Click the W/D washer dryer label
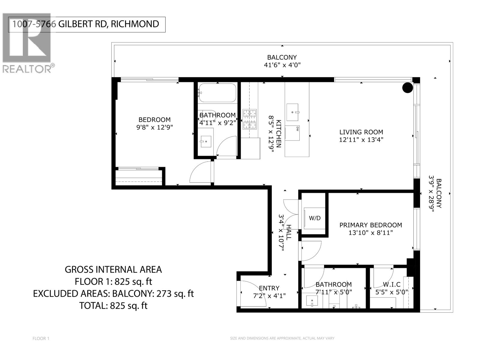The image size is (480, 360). (314, 218)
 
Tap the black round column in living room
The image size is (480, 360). (407, 88)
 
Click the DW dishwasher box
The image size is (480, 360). (292, 133)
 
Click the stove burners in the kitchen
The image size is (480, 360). (250, 119)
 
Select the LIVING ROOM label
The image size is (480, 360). (361, 132)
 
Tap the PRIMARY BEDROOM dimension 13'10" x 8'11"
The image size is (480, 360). (370, 233)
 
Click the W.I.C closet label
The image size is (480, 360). (391, 284)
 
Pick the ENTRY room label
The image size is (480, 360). (269, 288)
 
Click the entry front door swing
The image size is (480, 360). (252, 294)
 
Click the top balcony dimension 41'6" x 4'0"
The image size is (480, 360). (282, 65)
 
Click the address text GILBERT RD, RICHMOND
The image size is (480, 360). (108, 24)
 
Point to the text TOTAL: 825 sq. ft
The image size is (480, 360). (113, 306)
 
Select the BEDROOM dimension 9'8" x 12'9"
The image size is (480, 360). (154, 127)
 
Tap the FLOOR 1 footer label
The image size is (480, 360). (41, 338)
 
